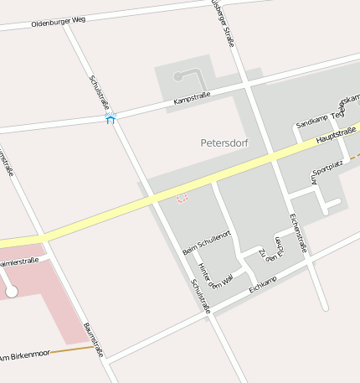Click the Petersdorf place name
[225, 143]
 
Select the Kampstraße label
[191, 99]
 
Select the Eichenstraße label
[298, 233]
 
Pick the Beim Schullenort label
[206, 242]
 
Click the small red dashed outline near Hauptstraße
[182, 198]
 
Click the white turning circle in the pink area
[12, 292]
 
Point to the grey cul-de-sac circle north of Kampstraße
[177, 76]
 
